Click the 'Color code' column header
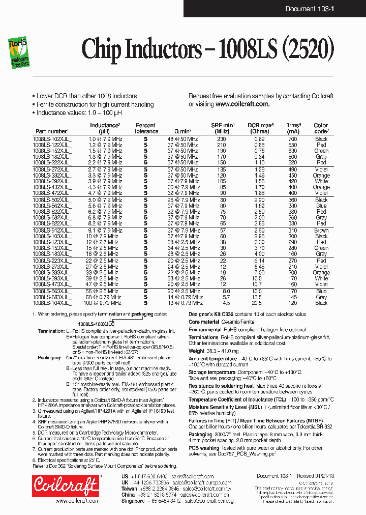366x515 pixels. coord(321,128)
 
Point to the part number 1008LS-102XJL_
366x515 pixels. coord(52,139)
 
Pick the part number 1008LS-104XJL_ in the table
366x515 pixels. coord(52,303)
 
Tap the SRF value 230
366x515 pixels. coord(221,139)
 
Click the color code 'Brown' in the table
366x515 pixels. coord(321,230)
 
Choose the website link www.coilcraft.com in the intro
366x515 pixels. coord(242,104)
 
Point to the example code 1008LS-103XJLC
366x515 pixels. coord(96,324)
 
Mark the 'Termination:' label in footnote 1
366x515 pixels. coord(50,330)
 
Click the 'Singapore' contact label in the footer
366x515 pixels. coord(133,501)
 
